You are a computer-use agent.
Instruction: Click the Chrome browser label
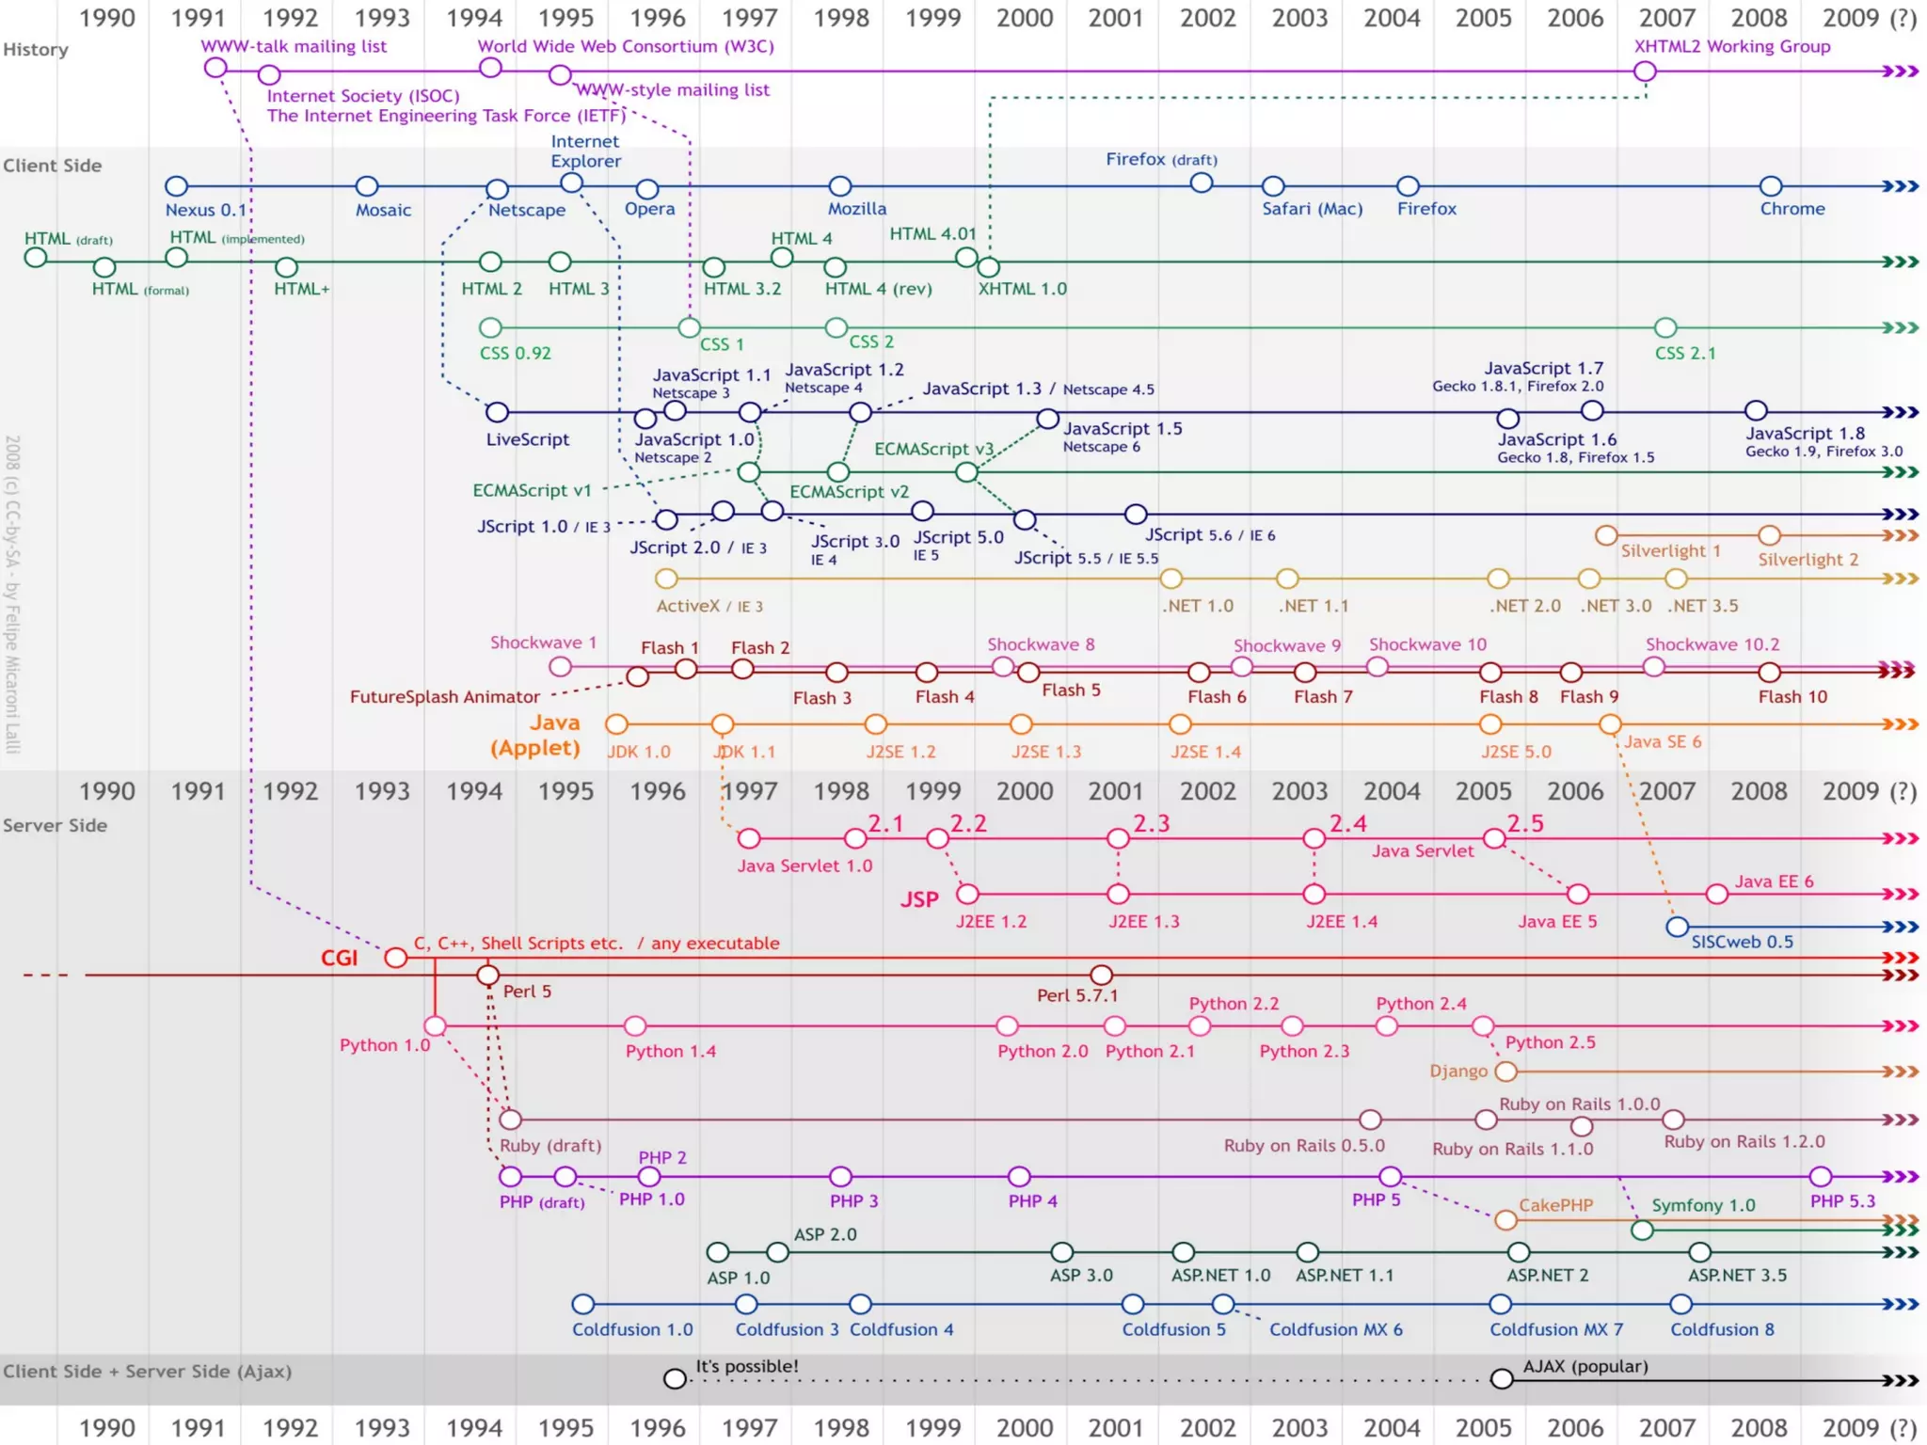click(1792, 209)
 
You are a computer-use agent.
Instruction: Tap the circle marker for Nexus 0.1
click(176, 186)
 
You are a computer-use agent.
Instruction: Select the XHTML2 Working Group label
click(1731, 46)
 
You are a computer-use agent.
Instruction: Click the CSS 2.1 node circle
click(1665, 327)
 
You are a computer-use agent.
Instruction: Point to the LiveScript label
click(527, 439)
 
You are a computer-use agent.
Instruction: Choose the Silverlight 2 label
click(1808, 560)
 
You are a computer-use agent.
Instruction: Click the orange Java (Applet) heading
click(536, 735)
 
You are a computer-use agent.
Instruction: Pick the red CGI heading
click(339, 958)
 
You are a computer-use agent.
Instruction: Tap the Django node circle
click(1505, 1071)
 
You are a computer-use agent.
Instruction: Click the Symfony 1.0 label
click(1703, 1205)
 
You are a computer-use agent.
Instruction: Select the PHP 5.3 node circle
click(1820, 1176)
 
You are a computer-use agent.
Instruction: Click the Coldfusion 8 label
click(1722, 1329)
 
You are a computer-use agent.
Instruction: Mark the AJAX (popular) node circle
click(1502, 1379)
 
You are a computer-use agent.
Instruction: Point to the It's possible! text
click(746, 1366)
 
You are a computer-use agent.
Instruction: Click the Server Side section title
click(55, 825)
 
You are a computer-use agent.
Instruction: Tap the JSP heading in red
click(919, 899)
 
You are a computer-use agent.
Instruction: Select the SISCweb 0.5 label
click(1742, 942)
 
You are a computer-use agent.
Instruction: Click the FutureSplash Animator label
click(444, 697)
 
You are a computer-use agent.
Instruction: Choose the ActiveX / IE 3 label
click(709, 607)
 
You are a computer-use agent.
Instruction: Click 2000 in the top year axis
click(1024, 18)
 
